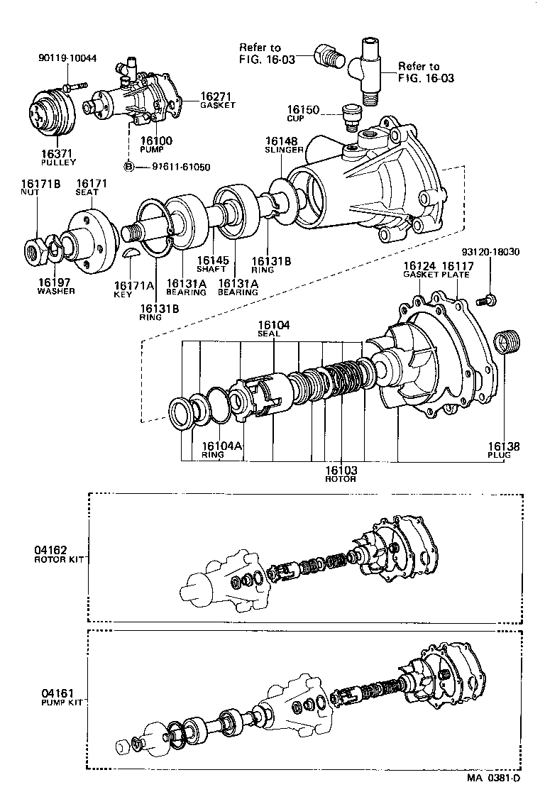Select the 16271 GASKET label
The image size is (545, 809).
click(x=216, y=100)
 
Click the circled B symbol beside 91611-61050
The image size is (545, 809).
click(x=129, y=167)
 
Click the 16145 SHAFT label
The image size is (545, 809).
click(x=213, y=265)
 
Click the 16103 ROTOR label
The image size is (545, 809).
click(x=341, y=473)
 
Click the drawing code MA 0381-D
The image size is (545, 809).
click(x=493, y=798)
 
